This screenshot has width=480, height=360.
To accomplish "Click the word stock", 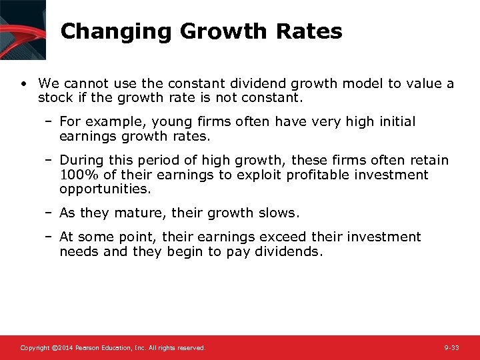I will [x=54, y=97].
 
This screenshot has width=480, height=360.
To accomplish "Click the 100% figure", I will [x=77, y=175].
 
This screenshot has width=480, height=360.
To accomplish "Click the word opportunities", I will [x=105, y=189].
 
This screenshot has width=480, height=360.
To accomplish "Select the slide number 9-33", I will [x=451, y=348].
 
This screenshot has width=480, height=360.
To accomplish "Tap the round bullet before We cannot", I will [x=23, y=84].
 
